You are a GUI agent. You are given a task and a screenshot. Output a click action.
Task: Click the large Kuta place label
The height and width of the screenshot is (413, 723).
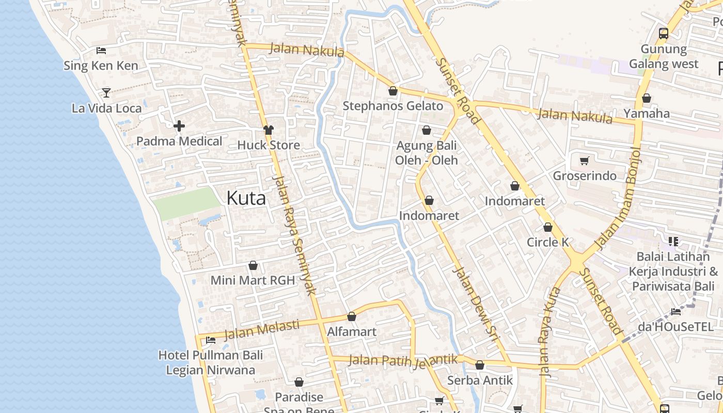tap(246, 198)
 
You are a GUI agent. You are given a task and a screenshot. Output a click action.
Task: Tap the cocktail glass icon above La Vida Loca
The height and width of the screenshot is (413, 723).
tap(106, 93)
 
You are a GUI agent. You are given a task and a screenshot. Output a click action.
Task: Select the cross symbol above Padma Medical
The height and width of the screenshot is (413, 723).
tap(179, 126)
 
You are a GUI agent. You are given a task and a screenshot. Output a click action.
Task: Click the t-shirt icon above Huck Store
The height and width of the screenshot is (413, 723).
tap(269, 130)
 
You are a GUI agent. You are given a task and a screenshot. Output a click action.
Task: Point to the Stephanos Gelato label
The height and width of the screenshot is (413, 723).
tap(393, 106)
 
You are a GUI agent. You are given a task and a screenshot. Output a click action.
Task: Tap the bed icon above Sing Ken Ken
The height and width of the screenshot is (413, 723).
tap(101, 51)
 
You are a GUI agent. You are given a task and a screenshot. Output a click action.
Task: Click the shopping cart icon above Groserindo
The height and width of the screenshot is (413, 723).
tap(584, 161)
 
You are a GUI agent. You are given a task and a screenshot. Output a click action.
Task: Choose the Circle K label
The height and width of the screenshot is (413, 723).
tap(547, 242)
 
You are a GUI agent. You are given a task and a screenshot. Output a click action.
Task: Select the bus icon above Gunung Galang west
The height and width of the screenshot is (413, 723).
tap(664, 34)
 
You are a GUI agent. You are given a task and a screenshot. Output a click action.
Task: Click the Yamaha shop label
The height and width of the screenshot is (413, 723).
tap(647, 114)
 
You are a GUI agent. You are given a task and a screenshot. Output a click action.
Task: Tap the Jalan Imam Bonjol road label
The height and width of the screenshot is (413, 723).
tap(618, 198)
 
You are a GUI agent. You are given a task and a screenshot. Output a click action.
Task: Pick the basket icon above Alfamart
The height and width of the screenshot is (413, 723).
tap(352, 316)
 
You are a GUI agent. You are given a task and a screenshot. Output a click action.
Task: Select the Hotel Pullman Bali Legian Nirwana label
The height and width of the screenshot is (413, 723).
tap(210, 362)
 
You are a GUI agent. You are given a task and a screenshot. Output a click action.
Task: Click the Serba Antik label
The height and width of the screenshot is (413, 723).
tap(480, 380)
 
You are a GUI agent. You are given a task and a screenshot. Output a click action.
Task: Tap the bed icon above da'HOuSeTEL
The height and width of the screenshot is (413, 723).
tap(676, 311)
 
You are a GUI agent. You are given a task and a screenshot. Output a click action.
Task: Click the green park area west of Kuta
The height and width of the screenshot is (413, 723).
tap(186, 203)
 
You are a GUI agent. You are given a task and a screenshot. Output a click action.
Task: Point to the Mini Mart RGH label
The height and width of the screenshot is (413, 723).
tap(253, 280)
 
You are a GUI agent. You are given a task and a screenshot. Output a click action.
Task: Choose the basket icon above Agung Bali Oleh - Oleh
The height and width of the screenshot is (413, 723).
tap(427, 130)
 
